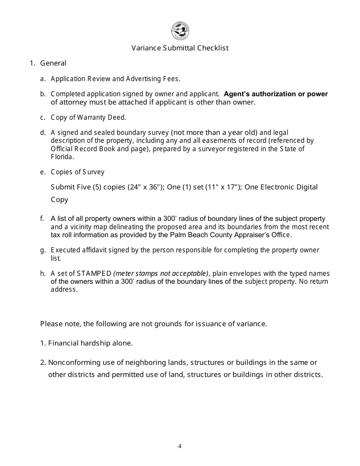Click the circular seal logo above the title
click(180, 31)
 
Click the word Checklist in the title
click(213, 48)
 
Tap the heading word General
click(53, 63)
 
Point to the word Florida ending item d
click(62, 156)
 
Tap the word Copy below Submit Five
click(59, 200)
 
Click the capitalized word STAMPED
click(94, 274)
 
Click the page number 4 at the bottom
click(180, 446)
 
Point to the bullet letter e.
click(42, 172)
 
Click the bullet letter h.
click(42, 274)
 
